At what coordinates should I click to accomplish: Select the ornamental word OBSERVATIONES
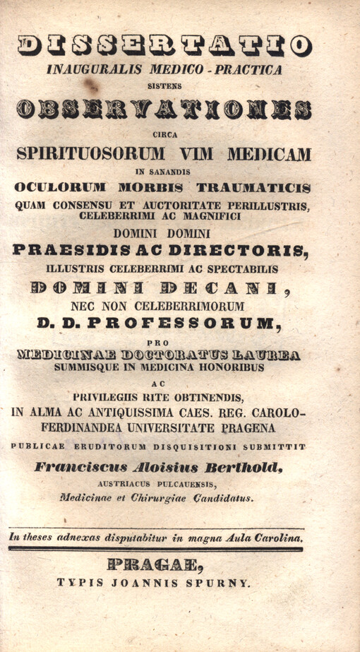coord(164,108)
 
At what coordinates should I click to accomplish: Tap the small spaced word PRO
coord(164,341)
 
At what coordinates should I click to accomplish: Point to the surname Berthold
coord(249,466)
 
